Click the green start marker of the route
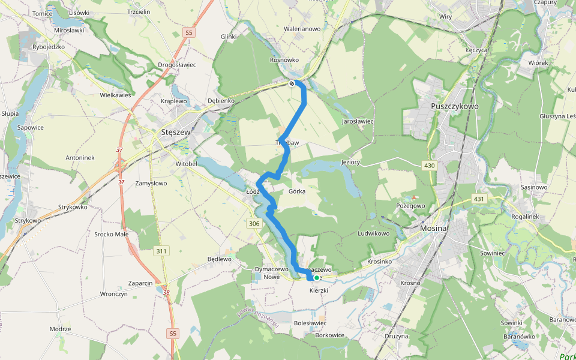click(x=316, y=278)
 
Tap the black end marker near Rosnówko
click(x=292, y=83)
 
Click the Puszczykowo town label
click(x=455, y=106)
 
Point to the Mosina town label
click(x=433, y=229)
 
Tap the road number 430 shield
click(x=428, y=165)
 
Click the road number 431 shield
click(x=478, y=199)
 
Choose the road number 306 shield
click(x=254, y=224)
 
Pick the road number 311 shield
click(x=160, y=250)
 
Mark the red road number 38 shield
click(x=166, y=293)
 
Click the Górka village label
click(x=297, y=191)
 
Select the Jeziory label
click(x=350, y=162)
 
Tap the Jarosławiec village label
click(x=358, y=121)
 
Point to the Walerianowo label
click(x=302, y=28)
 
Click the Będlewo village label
click(x=219, y=259)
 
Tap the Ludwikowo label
click(x=373, y=233)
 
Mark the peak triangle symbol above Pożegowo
click(x=414, y=197)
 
